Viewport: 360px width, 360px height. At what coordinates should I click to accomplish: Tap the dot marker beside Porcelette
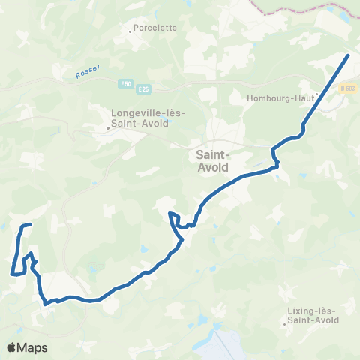coord(130,31)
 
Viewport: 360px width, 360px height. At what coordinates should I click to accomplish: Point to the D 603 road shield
coord(346,89)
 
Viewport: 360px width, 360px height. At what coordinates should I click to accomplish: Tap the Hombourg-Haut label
coord(280,97)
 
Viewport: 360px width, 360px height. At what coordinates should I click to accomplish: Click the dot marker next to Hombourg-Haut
coord(317,94)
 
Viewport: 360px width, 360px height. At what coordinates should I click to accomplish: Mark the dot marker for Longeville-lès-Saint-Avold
coord(107,127)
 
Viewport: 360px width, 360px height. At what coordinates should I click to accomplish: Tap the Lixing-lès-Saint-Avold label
coord(312,315)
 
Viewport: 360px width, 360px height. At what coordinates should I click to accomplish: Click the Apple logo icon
coord(12,347)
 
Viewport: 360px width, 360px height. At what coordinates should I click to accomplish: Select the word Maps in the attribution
coord(33,347)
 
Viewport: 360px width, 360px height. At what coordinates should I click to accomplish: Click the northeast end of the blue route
coord(349,55)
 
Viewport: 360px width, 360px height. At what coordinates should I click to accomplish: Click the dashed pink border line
coord(300,9)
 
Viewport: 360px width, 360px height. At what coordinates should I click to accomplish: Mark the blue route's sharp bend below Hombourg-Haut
coord(302,132)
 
